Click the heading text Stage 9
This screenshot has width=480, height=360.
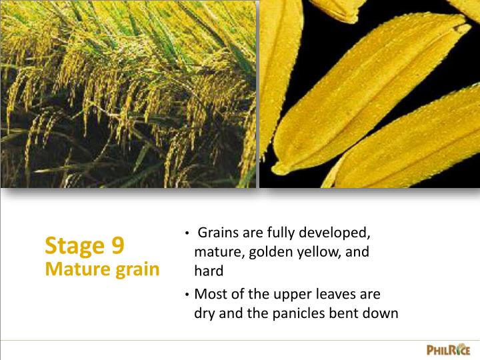tap(84, 246)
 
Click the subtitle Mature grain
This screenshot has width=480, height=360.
tap(102, 269)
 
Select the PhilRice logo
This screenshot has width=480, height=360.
tap(448, 349)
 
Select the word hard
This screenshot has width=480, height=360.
tap(208, 272)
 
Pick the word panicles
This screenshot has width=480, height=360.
tap(297, 313)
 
